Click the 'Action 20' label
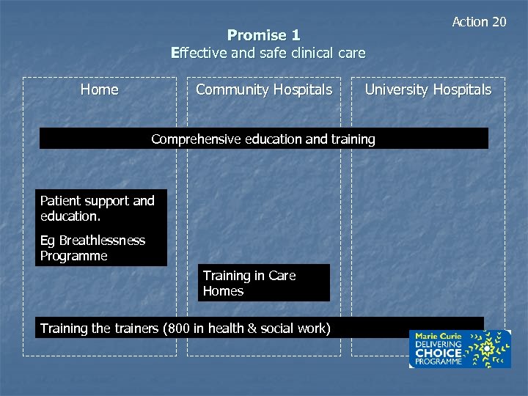[479, 22]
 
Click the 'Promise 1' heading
[263, 35]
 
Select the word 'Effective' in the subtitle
[197, 53]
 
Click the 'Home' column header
[99, 89]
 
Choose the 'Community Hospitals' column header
[263, 89]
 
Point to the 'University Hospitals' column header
[428, 89]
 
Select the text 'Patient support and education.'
[98, 208]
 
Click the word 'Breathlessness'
[102, 241]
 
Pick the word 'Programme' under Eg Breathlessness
[73, 256]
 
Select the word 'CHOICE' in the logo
[439, 353]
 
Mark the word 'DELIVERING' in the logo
[439, 344]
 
